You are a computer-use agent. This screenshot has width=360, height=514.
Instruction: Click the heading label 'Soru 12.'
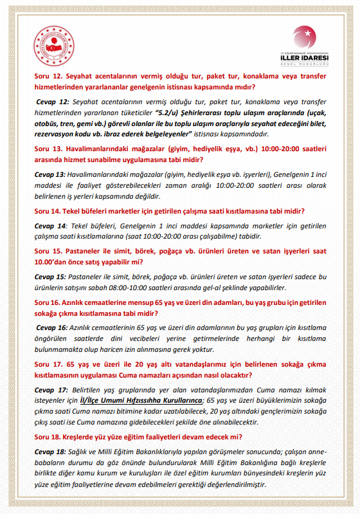pyautogui.click(x=51, y=77)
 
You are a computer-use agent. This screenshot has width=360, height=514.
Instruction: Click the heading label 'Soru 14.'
pyautogui.click(x=51, y=211)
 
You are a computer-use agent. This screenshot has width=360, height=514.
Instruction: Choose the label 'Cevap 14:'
pyautogui.click(x=51, y=226)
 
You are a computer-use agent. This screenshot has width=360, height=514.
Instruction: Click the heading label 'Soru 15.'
pyautogui.click(x=51, y=252)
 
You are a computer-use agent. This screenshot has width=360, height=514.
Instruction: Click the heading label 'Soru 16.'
pyautogui.click(x=51, y=302)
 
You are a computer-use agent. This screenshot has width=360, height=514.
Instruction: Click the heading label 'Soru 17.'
pyautogui.click(x=51, y=364)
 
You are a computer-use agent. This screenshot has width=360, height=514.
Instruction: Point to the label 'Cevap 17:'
pyautogui.click(x=51, y=390)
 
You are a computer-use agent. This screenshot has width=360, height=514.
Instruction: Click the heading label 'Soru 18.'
pyautogui.click(x=51, y=437)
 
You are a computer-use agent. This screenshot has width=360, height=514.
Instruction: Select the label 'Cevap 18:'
pyautogui.click(x=51, y=452)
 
